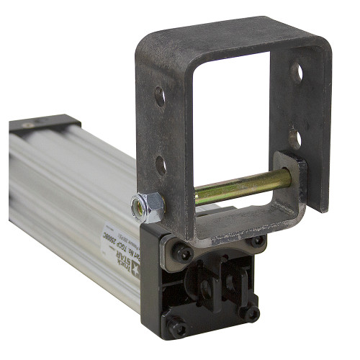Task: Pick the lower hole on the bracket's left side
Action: pos(160,165)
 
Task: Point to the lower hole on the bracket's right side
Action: pos(294,137)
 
